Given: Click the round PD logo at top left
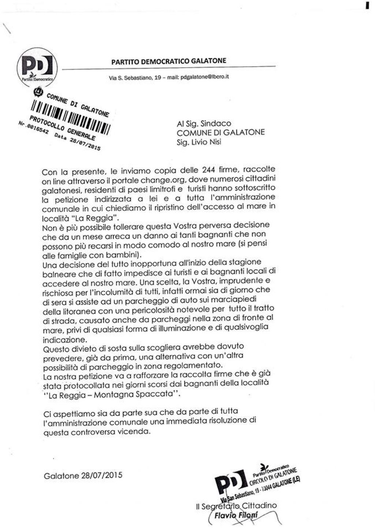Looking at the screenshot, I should pyautogui.click(x=37, y=67).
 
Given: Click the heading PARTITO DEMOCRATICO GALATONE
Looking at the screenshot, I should pyautogui.click(x=169, y=61).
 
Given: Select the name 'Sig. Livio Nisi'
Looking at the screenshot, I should pyautogui.click(x=199, y=142).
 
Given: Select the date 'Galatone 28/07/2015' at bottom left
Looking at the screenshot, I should pyautogui.click(x=83, y=476).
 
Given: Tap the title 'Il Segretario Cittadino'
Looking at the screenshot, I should pyautogui.click(x=237, y=506).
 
